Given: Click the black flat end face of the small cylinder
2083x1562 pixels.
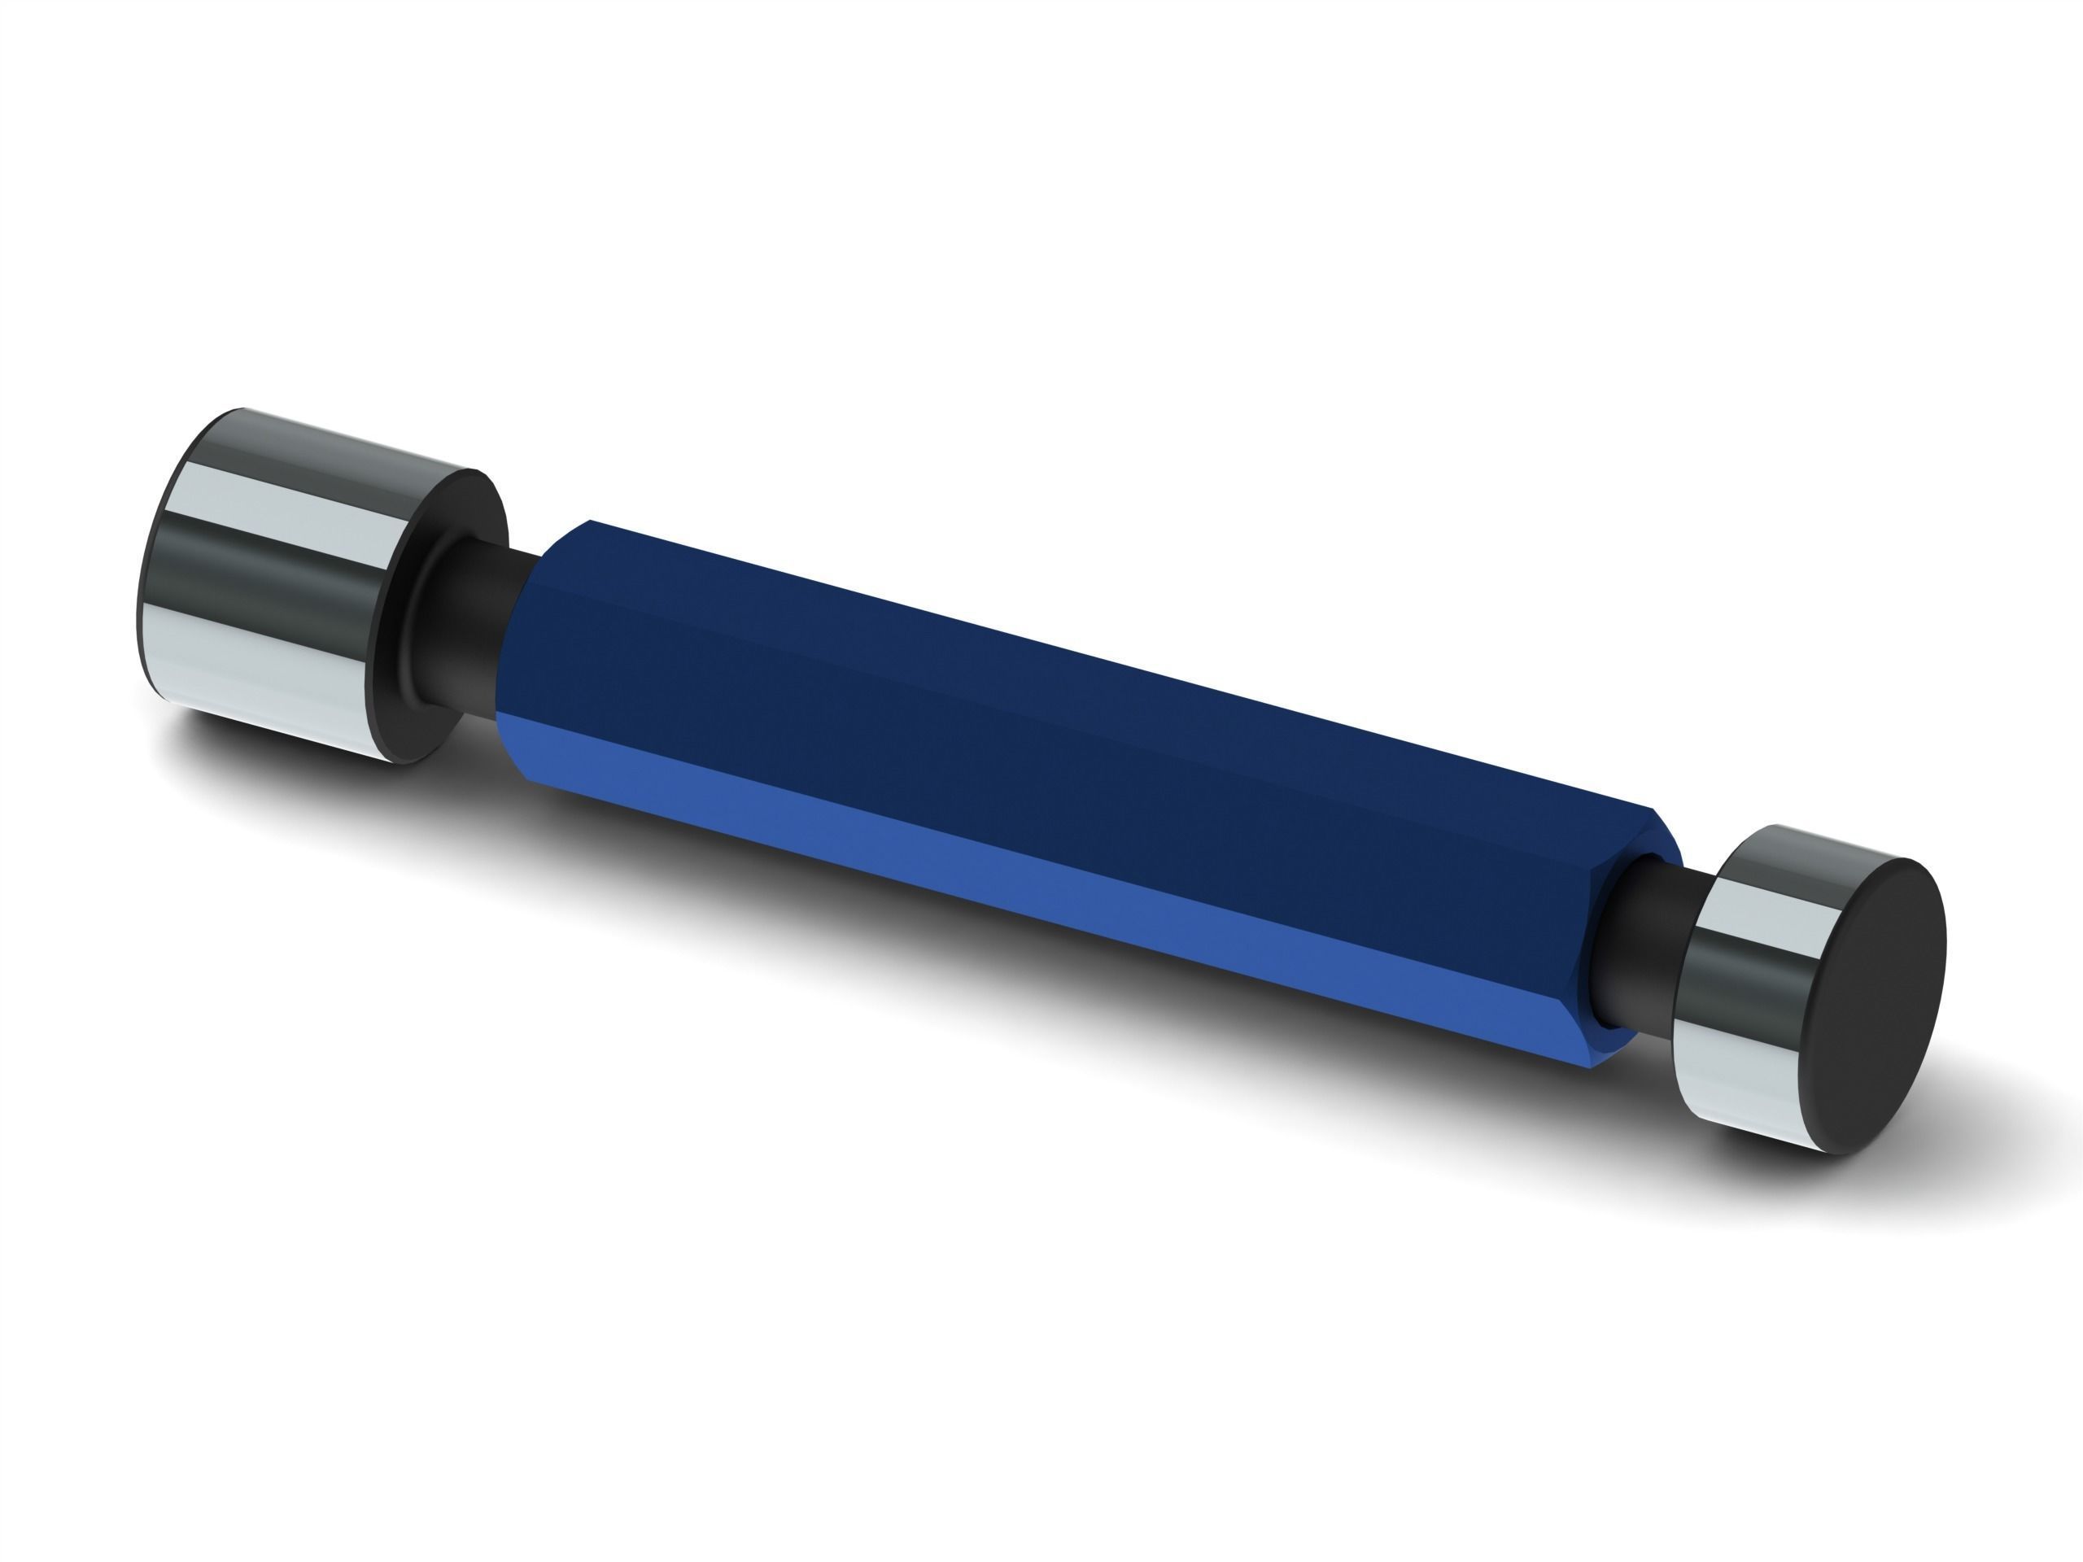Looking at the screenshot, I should [1857, 1008].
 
